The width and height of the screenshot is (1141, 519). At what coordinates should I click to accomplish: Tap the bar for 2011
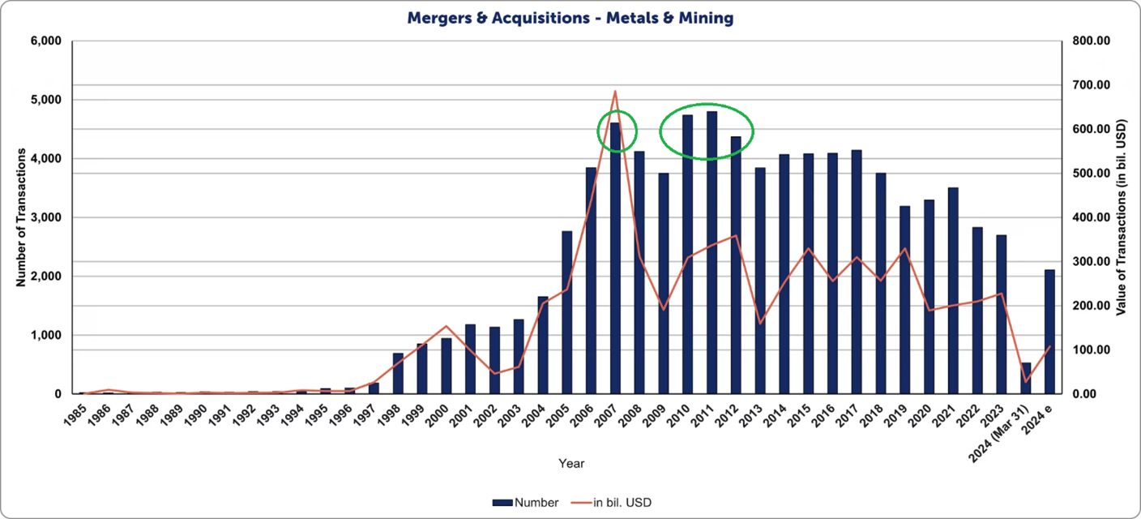click(712, 252)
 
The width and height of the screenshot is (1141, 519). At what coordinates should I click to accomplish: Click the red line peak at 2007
click(615, 92)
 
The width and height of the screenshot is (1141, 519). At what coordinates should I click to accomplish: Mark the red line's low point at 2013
click(760, 323)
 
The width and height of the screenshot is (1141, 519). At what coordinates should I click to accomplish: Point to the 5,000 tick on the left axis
click(49, 100)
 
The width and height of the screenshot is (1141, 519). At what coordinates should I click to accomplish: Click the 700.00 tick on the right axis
click(1088, 85)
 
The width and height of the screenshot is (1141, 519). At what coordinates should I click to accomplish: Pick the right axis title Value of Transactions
click(1122, 217)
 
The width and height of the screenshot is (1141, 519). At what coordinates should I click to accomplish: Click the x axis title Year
click(571, 464)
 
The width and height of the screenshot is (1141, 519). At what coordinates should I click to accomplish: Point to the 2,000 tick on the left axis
click(49, 277)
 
